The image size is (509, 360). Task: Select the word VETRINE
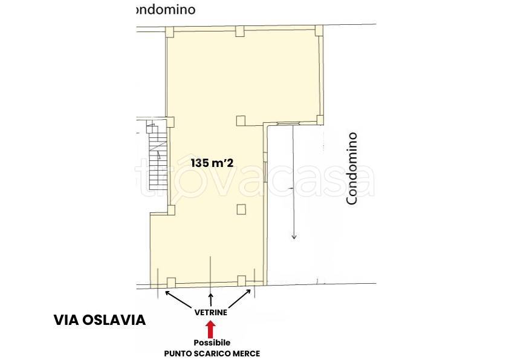pyautogui.click(x=210, y=313)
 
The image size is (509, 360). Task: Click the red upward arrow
pyautogui.click(x=210, y=329)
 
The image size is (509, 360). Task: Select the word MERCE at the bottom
pyautogui.click(x=246, y=353)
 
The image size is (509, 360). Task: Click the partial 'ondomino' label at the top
pyautogui.click(x=164, y=10)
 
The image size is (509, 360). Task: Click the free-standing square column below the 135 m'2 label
pyautogui.click(x=241, y=210)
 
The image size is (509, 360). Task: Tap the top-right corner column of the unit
pyautogui.click(x=319, y=31)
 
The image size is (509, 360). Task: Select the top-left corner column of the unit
pyautogui.click(x=170, y=31)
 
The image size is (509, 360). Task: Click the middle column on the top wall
pyautogui.click(x=240, y=31)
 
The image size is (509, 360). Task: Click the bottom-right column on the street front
pyautogui.click(x=242, y=280)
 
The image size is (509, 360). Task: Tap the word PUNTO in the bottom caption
pyautogui.click(x=178, y=353)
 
